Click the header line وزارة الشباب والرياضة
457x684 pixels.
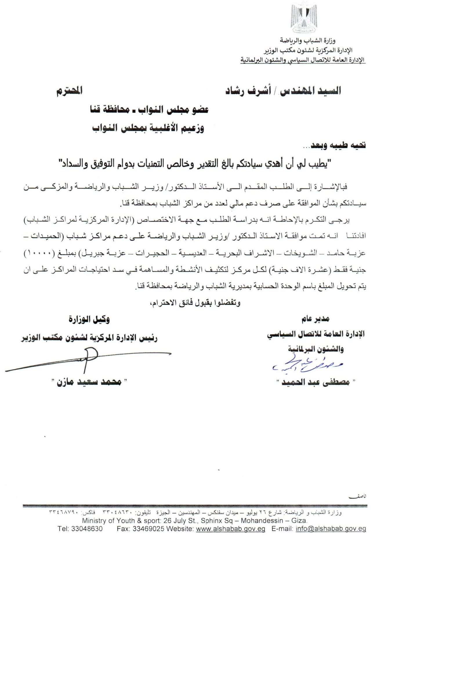click(307, 40)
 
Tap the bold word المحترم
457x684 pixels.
click(69, 91)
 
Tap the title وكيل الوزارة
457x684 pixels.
click(89, 320)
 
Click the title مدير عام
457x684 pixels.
click(315, 319)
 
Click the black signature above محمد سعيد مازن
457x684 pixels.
click(88, 359)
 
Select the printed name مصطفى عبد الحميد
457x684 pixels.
click(317, 382)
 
